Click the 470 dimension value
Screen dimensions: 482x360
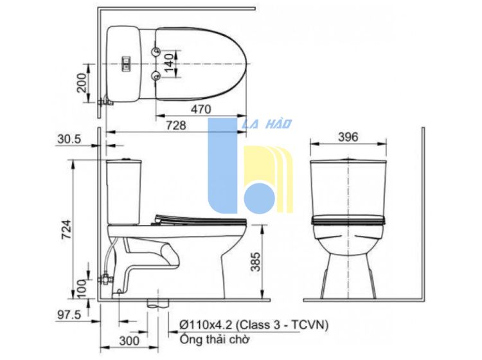coord(201,109)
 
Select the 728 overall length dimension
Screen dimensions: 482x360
coord(176,125)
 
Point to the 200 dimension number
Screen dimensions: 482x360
coord(82,82)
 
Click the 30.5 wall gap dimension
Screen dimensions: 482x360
coord(69,139)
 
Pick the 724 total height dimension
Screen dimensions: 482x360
coord(66,230)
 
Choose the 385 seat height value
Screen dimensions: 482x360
coord(255,262)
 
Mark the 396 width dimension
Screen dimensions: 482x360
coord(348,137)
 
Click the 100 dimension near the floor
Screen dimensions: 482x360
coord(82,289)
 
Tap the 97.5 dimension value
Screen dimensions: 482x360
coord(69,314)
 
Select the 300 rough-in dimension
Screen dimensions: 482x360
coord(129,340)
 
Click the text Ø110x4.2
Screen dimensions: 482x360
coord(206,325)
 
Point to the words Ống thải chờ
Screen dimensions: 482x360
coord(215,339)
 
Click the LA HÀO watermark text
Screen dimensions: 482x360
coord(267,123)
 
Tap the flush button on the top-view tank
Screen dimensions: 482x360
coord(127,63)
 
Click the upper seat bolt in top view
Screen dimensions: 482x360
coord(156,51)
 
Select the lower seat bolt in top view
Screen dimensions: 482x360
coord(156,75)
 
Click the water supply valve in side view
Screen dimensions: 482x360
coord(105,278)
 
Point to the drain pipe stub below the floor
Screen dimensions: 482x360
coord(158,303)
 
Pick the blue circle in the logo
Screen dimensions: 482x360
coord(259,198)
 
